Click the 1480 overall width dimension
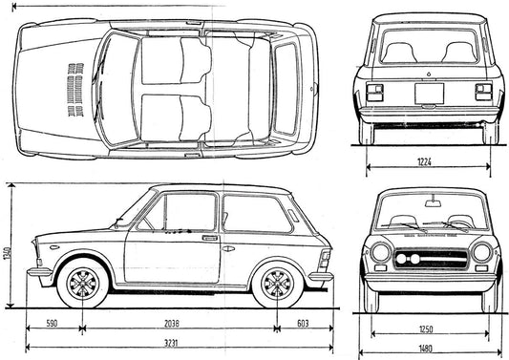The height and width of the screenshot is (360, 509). pyautogui.click(x=428, y=349)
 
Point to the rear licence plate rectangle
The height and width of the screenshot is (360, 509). pyautogui.click(x=429, y=94)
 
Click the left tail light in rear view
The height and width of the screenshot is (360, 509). pyautogui.click(x=373, y=92)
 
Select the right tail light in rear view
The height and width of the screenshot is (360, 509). pyautogui.click(x=484, y=92)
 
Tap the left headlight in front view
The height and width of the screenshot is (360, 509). pyautogui.click(x=380, y=253)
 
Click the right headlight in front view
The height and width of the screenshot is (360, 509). pyautogui.click(x=482, y=253)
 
